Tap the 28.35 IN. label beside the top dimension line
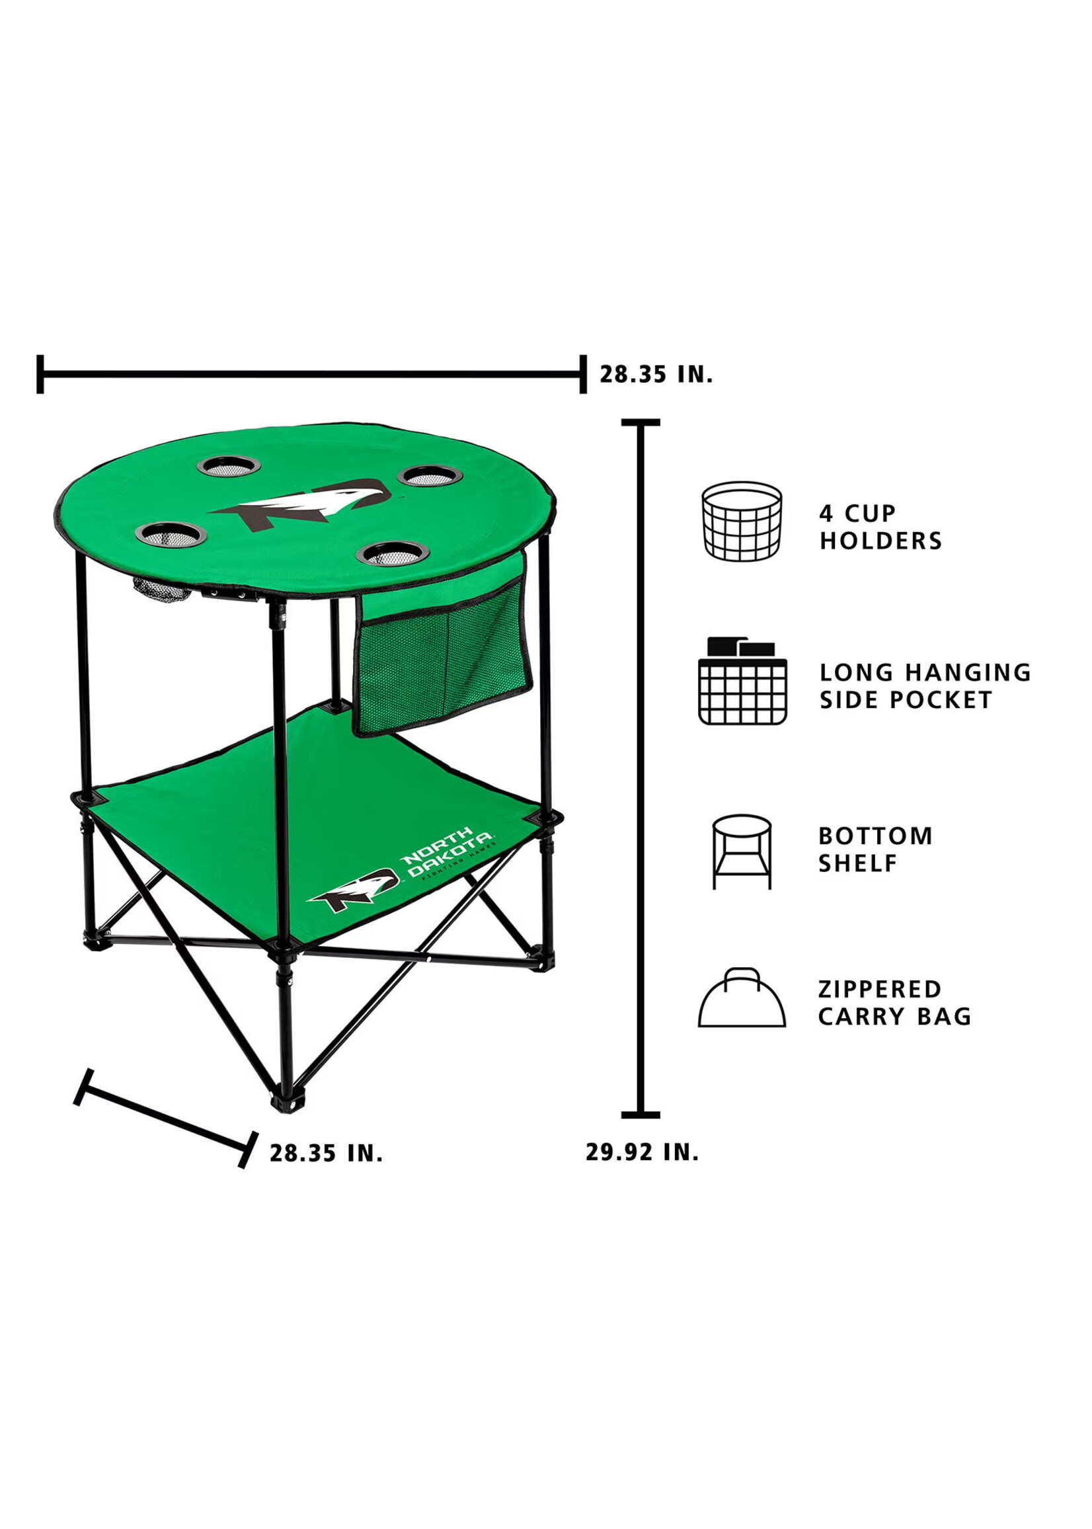coord(656,375)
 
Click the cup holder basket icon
coord(742,521)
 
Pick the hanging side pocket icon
coord(742,680)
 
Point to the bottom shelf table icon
coord(742,852)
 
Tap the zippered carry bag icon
coord(742,998)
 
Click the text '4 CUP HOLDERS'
coord(880,527)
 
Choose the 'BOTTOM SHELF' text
coord(875,849)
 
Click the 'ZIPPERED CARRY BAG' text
coord(894,1003)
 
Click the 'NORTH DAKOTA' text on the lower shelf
coord(447,853)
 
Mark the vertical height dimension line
coord(641,767)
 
